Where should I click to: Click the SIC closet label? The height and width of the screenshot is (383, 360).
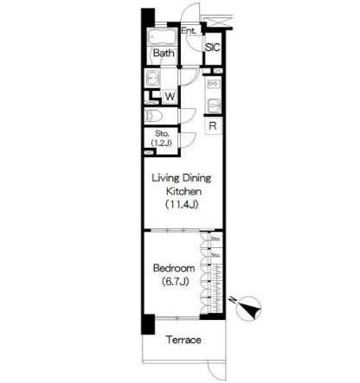213,49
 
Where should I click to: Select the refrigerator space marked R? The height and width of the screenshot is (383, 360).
212,125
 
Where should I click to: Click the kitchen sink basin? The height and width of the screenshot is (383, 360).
213,105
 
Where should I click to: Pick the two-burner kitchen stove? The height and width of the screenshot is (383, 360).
213,86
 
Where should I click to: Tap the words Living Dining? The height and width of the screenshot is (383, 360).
181,177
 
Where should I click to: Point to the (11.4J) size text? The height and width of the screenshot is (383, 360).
181,205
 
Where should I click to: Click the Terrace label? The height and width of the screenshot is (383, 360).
183,340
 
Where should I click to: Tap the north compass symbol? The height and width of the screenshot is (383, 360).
250,308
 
